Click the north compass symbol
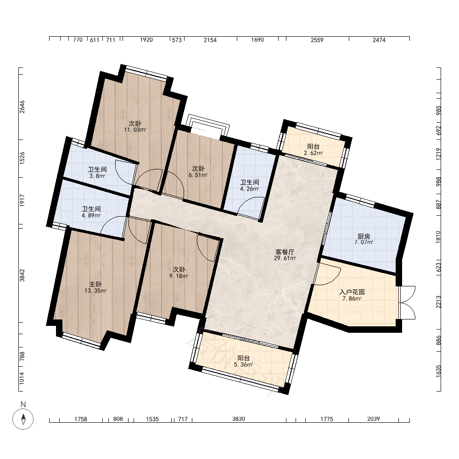coord(23,419)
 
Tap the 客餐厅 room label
coord(285,252)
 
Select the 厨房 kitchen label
coord(364,236)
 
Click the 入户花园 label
coord(352,292)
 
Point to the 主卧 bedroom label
coord(95,284)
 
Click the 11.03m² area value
coord(135,130)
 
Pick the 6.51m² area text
coord(198,175)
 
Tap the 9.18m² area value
coord(179,276)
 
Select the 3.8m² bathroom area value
coord(97,176)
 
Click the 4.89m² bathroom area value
coord(91,215)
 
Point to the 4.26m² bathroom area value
coord(249,189)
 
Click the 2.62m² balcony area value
coord(313,153)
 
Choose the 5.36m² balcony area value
coord(244,364)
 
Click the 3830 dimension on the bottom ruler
coord(239,419)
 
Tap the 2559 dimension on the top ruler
coord(317,40)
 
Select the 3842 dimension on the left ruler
coord(22,275)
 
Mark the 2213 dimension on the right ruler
coord(438,302)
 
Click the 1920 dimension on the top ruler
coord(146,40)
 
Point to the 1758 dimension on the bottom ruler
coord(81,419)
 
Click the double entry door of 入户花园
coord(407,302)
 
